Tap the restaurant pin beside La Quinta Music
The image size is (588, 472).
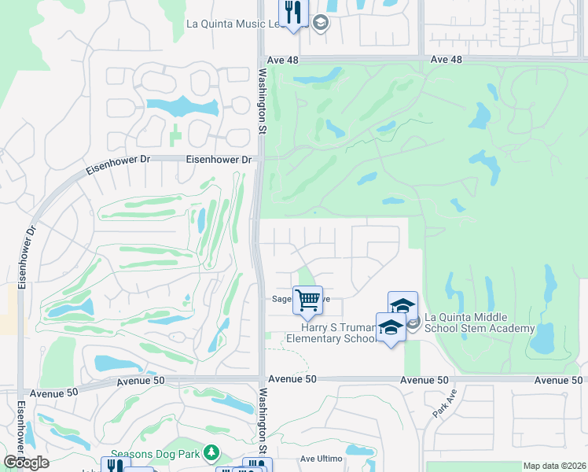(x=294, y=13)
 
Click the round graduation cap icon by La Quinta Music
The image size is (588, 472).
(x=320, y=24)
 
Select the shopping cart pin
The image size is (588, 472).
(x=307, y=300)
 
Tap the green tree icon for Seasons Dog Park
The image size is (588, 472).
(x=210, y=452)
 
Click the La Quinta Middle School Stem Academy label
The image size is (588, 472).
(x=480, y=323)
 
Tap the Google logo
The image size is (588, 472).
(x=26, y=463)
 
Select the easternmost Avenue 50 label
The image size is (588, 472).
(x=558, y=380)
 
